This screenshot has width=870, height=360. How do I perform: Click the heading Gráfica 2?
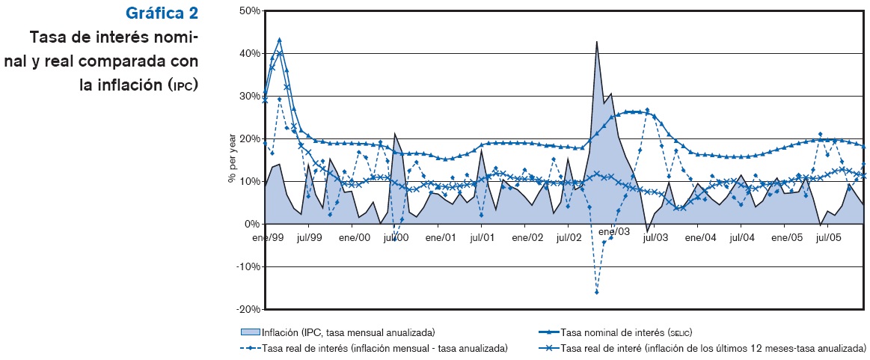(162, 13)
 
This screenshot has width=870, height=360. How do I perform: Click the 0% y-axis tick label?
(252, 225)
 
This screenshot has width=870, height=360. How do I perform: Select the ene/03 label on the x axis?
(614, 233)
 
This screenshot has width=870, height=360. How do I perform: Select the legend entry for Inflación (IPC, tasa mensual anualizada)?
(348, 332)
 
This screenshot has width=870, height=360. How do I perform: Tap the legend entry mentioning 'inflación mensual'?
(385, 348)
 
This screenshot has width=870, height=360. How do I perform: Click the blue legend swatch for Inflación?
(250, 332)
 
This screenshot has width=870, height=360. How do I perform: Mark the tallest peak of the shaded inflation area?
(597, 42)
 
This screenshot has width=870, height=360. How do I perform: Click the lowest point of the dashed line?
(597, 292)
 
